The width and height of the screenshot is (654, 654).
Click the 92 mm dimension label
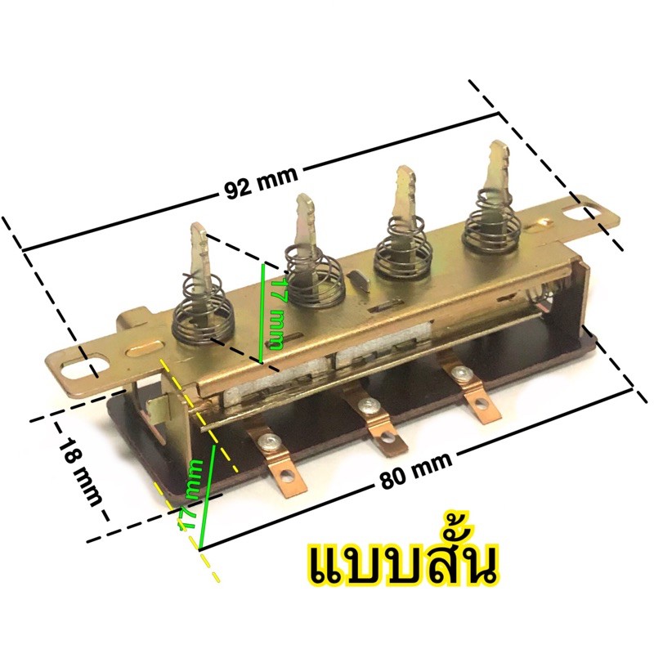[262, 182]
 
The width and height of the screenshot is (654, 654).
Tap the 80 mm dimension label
[416, 471]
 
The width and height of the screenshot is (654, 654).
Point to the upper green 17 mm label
[276, 313]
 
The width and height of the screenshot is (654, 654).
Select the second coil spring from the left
[315, 275]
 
